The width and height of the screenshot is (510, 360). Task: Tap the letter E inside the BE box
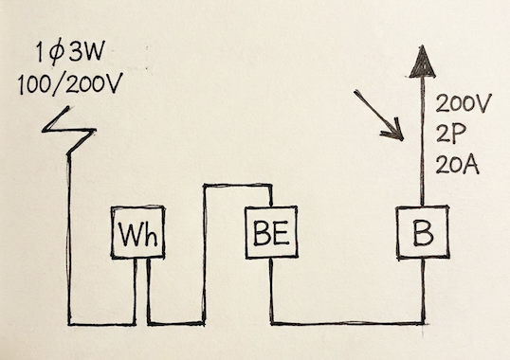click(282, 232)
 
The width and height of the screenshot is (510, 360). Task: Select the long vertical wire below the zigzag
click(70, 237)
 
